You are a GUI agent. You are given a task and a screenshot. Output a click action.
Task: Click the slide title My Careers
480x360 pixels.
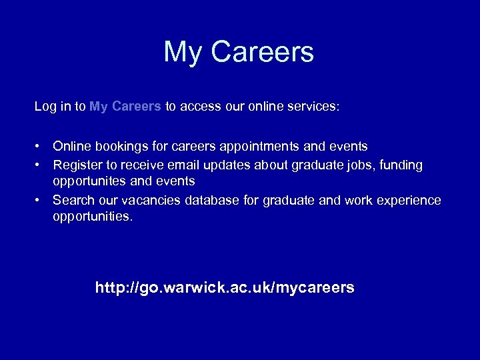239,53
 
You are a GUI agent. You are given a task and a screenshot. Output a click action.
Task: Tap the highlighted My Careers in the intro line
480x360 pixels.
125,106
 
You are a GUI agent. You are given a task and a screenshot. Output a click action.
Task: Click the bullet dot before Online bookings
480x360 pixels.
40,146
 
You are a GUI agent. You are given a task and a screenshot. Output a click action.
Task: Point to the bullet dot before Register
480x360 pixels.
40,164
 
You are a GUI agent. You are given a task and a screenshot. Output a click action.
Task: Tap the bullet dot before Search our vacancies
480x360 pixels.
40,200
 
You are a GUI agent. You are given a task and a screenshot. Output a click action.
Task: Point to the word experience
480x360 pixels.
408,200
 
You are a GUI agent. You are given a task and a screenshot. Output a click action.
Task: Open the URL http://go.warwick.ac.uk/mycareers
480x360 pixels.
225,288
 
